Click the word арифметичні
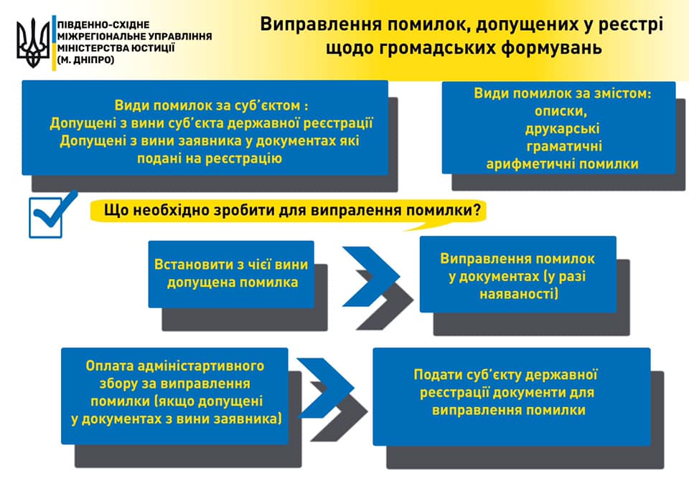tap(535, 163)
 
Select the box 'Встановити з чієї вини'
tap(231, 273)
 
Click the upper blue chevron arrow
tap(370, 275)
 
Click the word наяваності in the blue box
tap(517, 294)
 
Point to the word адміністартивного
tap(195, 366)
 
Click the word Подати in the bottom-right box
tap(437, 375)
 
